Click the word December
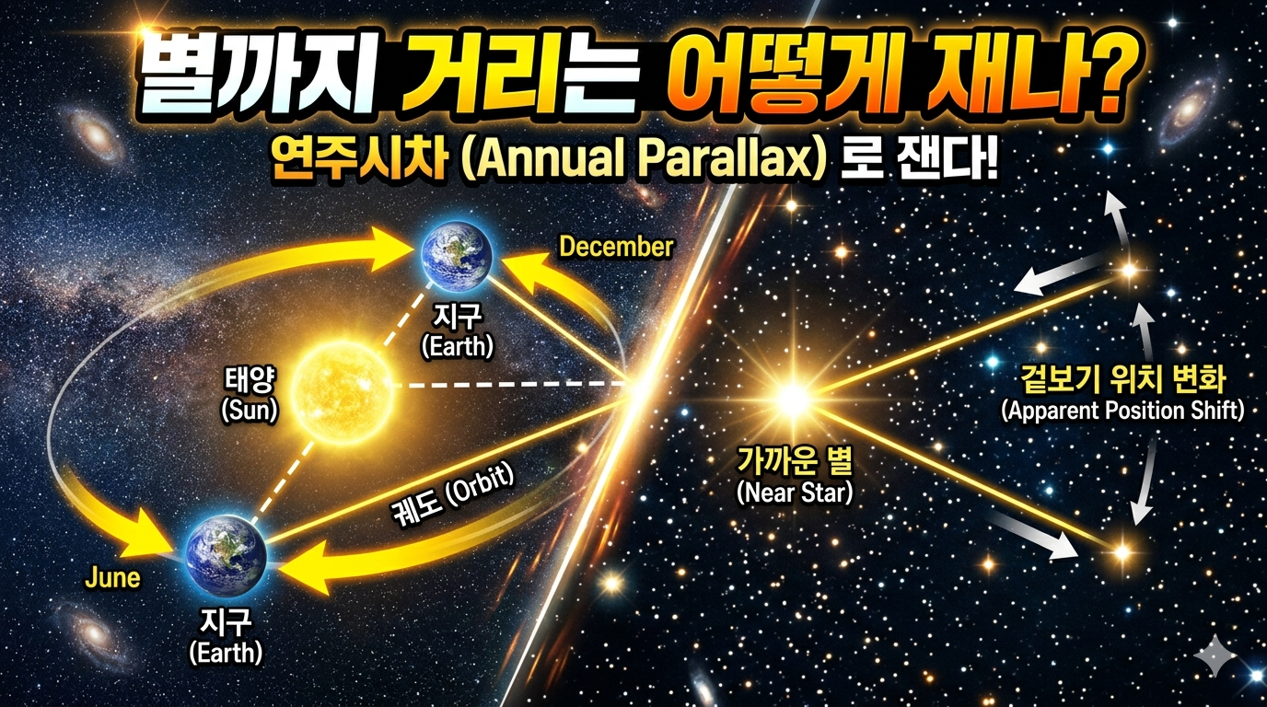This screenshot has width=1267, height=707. coord(616,247)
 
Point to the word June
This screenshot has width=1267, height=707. coord(111,578)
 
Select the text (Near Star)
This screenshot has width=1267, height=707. coord(795,493)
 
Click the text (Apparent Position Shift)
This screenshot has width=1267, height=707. coord(1122,411)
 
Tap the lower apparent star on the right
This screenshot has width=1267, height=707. coord(1122,552)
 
